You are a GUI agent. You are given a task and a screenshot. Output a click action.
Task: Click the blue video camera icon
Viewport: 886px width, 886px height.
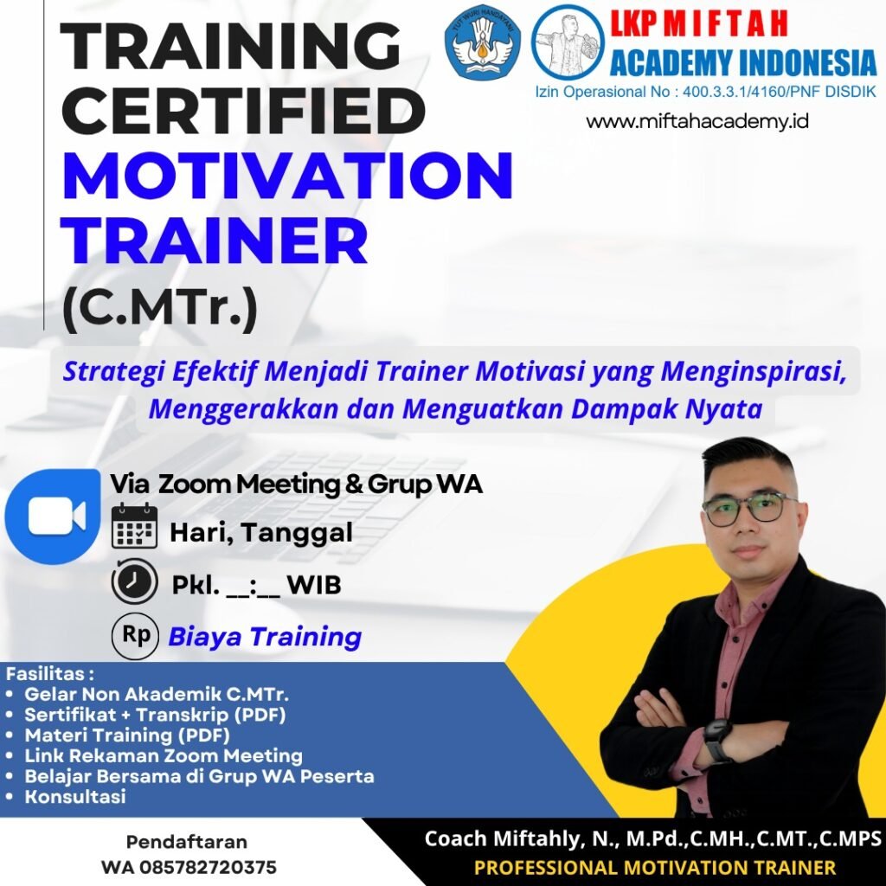pos(53,516)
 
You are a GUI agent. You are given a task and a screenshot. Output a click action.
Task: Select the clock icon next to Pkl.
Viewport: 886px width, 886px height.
pos(134,581)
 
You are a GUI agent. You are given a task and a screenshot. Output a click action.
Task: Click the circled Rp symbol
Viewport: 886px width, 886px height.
pos(135,635)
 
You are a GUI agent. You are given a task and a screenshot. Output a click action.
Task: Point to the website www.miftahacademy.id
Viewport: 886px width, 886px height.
pos(697,121)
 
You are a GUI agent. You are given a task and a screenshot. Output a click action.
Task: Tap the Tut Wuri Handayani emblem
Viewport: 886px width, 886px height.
pos(483,41)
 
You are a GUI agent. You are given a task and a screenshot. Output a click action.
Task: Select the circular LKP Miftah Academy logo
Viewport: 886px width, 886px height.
pos(568,42)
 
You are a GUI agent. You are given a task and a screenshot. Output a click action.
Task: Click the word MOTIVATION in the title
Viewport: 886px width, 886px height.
pos(288,176)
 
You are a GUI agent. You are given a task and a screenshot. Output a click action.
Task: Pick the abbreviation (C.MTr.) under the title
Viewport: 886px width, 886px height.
pos(159,310)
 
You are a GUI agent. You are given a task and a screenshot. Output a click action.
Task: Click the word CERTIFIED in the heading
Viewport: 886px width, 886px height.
pos(243,110)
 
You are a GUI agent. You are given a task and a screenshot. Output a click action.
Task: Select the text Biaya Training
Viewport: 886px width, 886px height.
pos(265,637)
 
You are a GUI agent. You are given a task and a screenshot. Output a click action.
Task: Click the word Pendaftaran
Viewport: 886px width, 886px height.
pos(187,842)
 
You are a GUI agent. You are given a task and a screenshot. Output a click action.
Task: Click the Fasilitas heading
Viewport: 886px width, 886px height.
pos(49,674)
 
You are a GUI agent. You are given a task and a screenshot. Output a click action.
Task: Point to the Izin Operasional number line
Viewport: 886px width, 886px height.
pos(706,92)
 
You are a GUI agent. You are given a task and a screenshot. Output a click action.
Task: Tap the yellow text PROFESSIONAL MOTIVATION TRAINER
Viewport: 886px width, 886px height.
pos(655,867)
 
